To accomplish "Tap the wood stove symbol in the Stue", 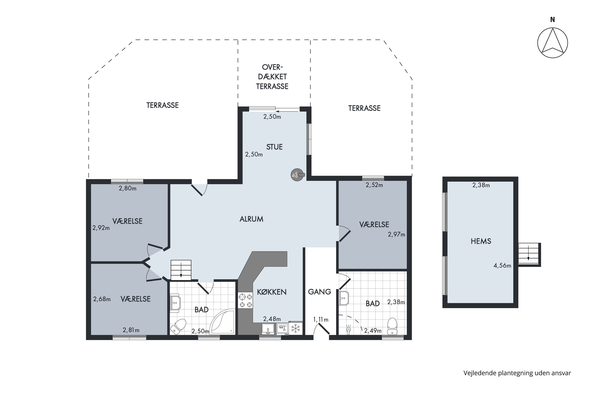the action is [297, 175].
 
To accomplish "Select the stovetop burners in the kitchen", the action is [245, 300].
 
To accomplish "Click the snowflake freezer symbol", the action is [296, 329].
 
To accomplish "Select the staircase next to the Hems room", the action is [529, 254].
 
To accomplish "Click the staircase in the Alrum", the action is [181, 270].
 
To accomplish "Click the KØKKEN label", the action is [272, 292].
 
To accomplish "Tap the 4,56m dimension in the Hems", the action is [502, 266].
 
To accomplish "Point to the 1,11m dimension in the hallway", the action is [321, 320].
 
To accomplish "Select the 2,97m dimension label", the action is [396, 234].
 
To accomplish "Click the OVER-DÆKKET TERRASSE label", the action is [272, 77].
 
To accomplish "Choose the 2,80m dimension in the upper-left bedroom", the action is [128, 188].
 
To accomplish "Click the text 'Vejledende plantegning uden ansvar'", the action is [517, 373].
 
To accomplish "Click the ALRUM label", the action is [251, 219].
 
